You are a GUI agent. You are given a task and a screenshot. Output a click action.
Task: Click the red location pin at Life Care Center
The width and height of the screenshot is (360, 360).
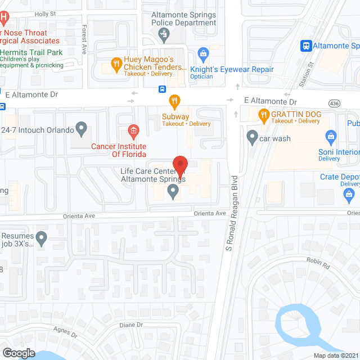point(180,165)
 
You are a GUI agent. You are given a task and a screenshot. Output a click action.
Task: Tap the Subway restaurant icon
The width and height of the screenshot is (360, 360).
point(175,102)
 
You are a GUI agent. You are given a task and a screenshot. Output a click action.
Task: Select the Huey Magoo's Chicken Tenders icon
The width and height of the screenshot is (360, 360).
point(116,64)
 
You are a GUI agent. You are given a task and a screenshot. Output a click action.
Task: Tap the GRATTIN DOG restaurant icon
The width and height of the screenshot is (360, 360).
point(263,115)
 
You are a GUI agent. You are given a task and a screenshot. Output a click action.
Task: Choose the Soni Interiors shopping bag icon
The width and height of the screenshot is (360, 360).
point(331,136)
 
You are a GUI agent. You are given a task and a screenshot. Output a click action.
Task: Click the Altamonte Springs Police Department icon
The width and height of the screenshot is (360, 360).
point(164,35)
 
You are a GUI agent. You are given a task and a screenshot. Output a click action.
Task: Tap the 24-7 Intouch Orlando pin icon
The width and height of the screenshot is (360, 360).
point(82,130)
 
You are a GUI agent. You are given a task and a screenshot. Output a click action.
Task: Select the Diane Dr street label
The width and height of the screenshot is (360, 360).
point(132,325)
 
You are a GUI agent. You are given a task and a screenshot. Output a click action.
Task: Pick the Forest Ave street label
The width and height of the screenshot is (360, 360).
point(84,39)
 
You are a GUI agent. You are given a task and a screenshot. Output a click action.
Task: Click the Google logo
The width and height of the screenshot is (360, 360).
point(19,353)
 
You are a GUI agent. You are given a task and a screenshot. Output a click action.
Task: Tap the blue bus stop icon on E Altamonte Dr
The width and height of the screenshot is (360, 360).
point(162,88)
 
